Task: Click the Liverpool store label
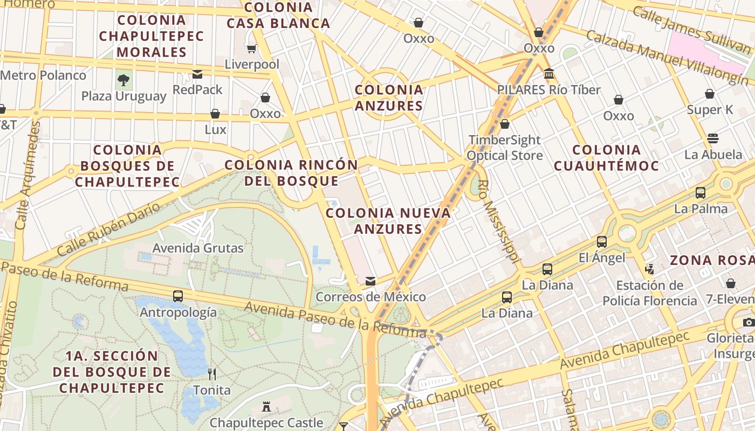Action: tap(252, 65)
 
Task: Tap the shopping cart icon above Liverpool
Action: tap(251, 49)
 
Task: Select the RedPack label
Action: tap(197, 89)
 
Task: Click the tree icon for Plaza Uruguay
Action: tap(123, 81)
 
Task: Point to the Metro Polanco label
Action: tap(43, 75)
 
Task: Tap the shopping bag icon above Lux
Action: tap(215, 114)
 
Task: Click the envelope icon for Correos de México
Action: tap(370, 281)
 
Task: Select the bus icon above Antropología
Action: tap(178, 296)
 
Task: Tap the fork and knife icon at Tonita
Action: tap(212, 374)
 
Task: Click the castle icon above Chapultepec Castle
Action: tap(266, 407)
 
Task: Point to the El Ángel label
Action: tap(602, 258)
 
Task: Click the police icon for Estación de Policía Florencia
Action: tap(650, 269)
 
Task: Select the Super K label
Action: tap(710, 110)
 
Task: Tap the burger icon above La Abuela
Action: tap(713, 138)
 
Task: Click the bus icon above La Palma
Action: tap(701, 192)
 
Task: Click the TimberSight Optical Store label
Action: tap(504, 148)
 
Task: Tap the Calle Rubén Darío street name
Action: tap(108, 230)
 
